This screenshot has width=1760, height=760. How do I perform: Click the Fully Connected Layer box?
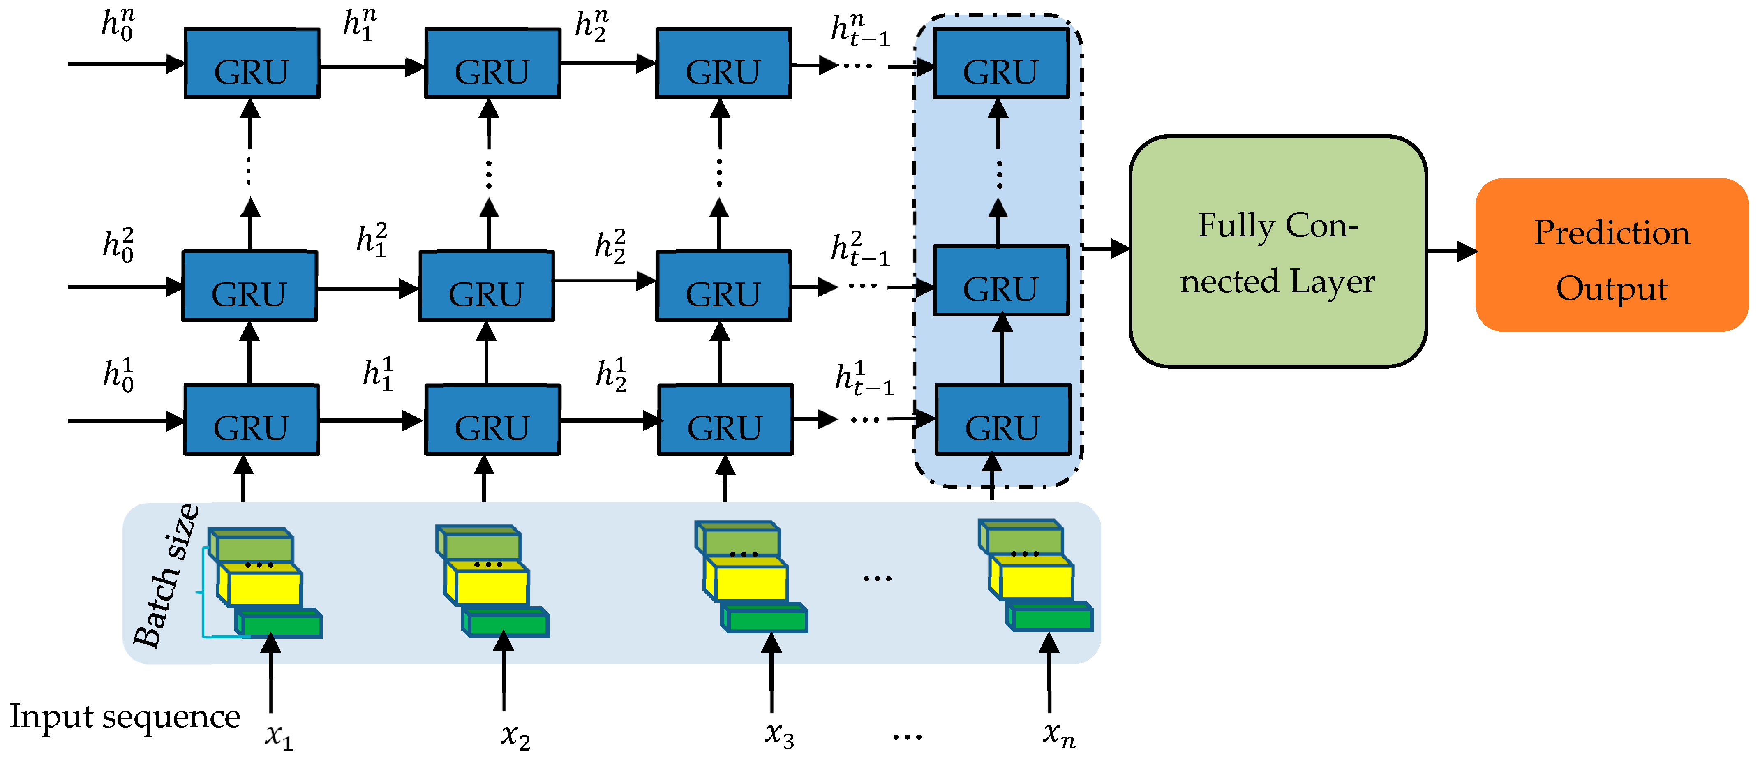coord(1277,252)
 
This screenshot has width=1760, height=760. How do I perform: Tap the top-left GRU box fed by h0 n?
coord(252,64)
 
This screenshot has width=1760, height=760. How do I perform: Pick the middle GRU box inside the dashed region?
coord(1000,281)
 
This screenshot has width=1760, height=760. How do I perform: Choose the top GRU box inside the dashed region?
coord(1000,64)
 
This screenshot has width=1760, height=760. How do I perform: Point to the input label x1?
coord(279,736)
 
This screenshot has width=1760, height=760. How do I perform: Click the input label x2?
coord(515,736)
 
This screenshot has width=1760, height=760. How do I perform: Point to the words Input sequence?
coord(125,717)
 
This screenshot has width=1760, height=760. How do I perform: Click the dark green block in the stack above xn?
coord(1052,619)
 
